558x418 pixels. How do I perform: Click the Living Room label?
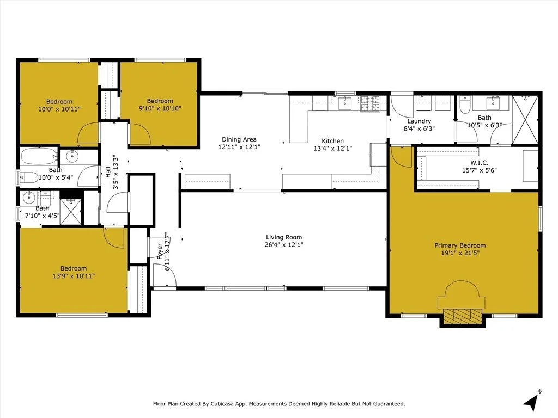tap(284, 237)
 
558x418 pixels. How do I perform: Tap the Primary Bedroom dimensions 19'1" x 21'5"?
tap(460, 253)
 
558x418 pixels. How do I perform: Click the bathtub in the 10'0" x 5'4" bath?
tap(39, 156)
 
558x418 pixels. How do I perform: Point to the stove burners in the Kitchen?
tap(370, 104)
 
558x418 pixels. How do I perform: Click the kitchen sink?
tap(344, 103)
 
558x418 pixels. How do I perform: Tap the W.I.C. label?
tap(480, 163)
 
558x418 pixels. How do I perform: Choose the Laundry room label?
tap(419, 121)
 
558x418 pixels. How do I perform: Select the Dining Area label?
tap(239, 139)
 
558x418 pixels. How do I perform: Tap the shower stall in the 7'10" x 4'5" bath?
tap(71, 212)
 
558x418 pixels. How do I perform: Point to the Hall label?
tap(108, 172)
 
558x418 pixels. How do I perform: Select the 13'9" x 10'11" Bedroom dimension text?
tap(74, 276)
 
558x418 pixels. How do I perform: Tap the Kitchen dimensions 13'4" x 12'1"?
tap(333, 149)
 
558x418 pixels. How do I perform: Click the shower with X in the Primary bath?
tap(525, 120)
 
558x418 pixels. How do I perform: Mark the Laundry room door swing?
tap(403, 107)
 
